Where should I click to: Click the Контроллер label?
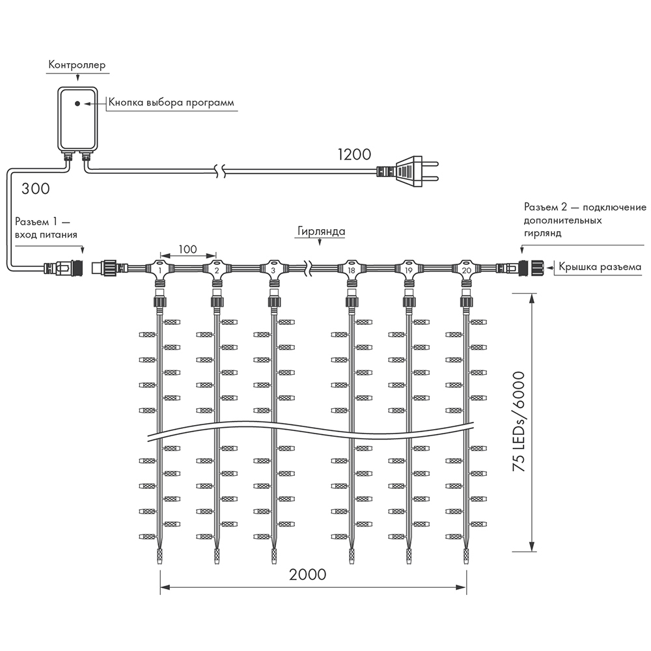76,65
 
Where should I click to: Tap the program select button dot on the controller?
77,104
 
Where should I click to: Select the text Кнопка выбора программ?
171,103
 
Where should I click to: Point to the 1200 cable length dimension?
354,154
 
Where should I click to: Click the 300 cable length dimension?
35,189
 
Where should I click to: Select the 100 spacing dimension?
188,249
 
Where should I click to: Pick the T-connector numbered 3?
273,270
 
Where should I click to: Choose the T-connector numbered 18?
352,270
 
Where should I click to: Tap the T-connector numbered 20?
466,270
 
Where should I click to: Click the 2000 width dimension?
308,575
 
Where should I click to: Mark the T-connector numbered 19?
409,270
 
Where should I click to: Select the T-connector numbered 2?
217,270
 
